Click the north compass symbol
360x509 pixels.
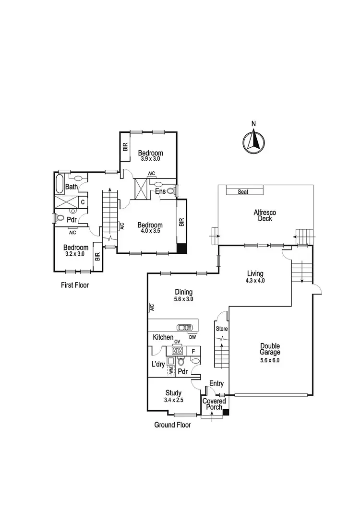pos(254,142)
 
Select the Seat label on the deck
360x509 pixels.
pos(244,192)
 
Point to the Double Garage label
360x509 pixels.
pos(270,349)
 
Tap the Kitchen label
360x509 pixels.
pos(163,338)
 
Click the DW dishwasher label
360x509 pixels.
pos(192,337)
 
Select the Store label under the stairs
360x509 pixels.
pos(222,329)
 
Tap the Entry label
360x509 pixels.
pos(216,383)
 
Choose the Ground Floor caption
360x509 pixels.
pos(172,425)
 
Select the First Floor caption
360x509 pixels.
pos(75,285)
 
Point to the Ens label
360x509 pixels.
pos(160,191)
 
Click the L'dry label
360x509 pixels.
pos(158,365)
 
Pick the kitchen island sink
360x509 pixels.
pos(184,328)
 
